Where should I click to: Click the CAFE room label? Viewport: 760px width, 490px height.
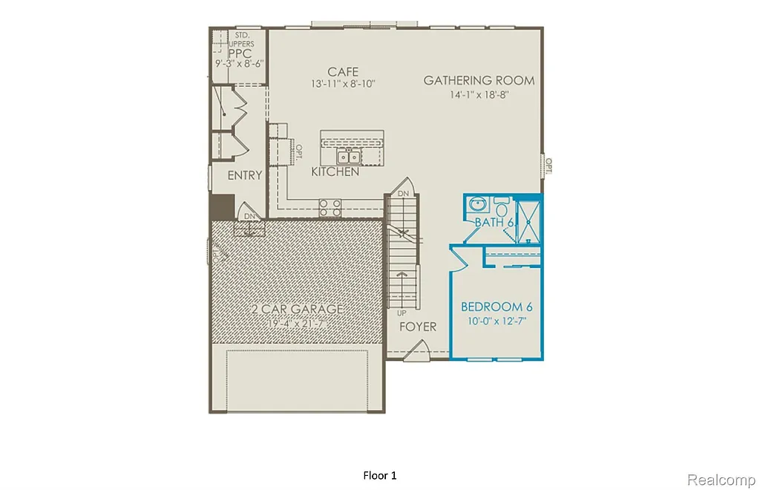pyautogui.click(x=343, y=71)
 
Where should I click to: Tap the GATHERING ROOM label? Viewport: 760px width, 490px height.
pyautogui.click(x=479, y=80)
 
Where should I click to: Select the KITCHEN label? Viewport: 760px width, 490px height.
pyautogui.click(x=335, y=171)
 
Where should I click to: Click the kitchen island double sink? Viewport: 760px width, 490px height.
pyautogui.click(x=348, y=157)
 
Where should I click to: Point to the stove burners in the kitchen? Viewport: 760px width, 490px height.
pyautogui.click(x=330, y=207)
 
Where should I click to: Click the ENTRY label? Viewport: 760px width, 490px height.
pyautogui.click(x=245, y=175)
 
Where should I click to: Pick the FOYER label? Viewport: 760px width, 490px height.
pyautogui.click(x=418, y=327)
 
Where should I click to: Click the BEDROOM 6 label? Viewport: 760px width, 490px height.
pyautogui.click(x=497, y=307)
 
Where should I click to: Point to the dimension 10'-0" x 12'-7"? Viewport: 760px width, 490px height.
pyautogui.click(x=497, y=321)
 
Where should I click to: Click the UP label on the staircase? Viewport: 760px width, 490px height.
pyautogui.click(x=402, y=313)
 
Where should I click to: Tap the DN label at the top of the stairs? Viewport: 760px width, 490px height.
pyautogui.click(x=403, y=193)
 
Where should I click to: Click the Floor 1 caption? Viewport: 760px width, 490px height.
pyautogui.click(x=380, y=474)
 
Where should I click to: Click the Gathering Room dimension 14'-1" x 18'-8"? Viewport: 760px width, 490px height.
pyautogui.click(x=479, y=94)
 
